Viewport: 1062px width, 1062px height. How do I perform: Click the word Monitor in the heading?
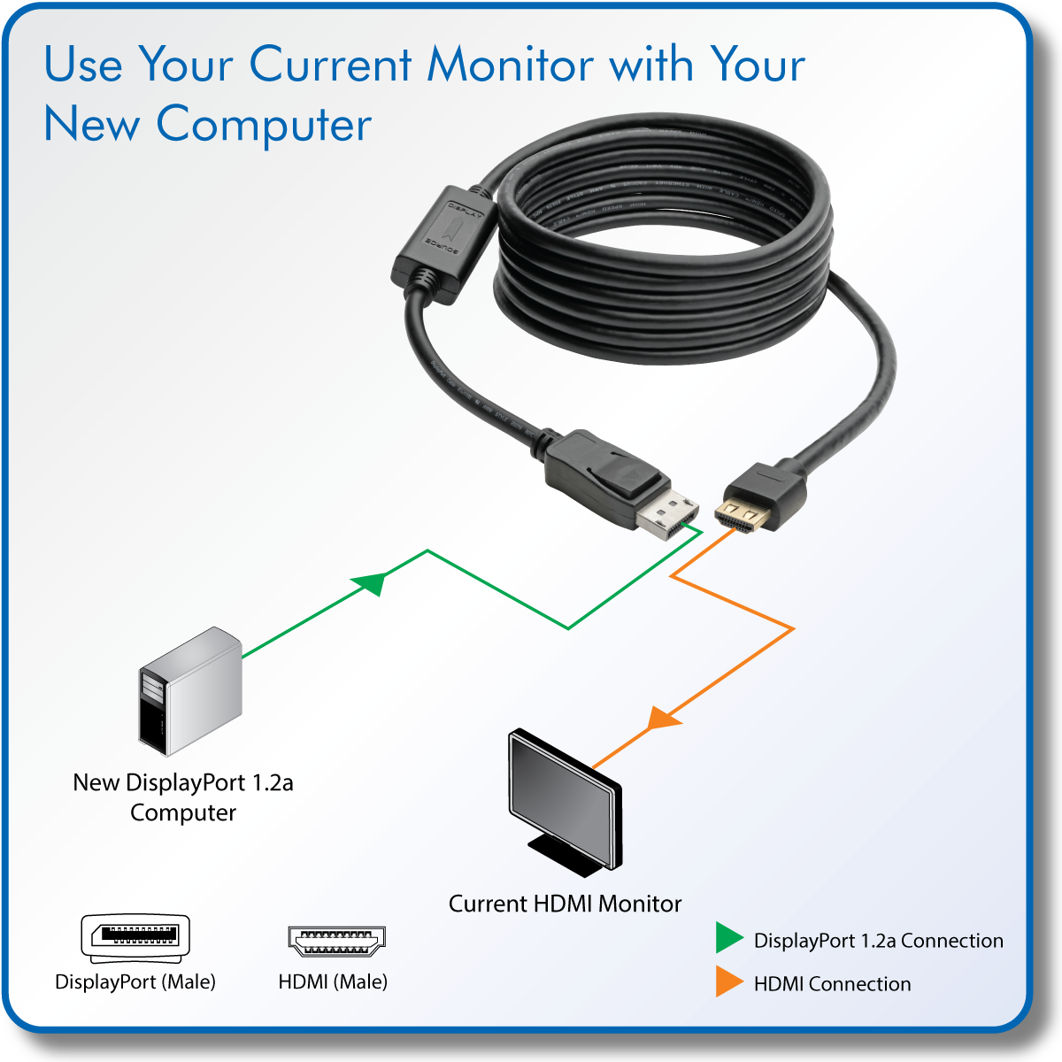click(x=510, y=65)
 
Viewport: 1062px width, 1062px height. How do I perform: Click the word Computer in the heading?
click(x=264, y=125)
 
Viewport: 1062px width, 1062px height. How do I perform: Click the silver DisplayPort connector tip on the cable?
click(x=668, y=518)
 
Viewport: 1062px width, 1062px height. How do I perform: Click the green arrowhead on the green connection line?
click(x=371, y=582)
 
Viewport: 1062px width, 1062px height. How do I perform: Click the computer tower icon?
click(x=189, y=690)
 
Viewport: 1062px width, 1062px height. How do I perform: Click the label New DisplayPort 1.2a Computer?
click(x=183, y=797)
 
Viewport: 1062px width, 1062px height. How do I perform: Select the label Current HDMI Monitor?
click(x=565, y=904)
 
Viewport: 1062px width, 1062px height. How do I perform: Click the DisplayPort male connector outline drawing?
click(x=135, y=938)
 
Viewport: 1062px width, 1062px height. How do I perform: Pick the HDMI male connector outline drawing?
click(x=336, y=941)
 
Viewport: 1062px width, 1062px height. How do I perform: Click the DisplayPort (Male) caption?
click(x=135, y=981)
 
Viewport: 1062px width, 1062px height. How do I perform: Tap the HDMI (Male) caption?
click(x=333, y=981)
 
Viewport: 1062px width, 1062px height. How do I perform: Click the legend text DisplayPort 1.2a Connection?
click(x=878, y=941)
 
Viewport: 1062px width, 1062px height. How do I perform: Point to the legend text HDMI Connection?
click(x=832, y=984)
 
